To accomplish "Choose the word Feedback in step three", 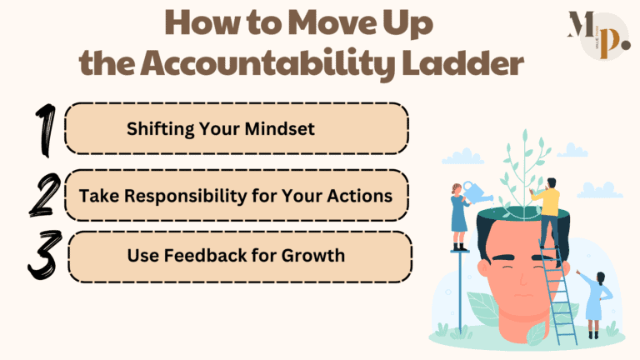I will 197,255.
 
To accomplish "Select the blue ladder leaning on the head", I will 560,292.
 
